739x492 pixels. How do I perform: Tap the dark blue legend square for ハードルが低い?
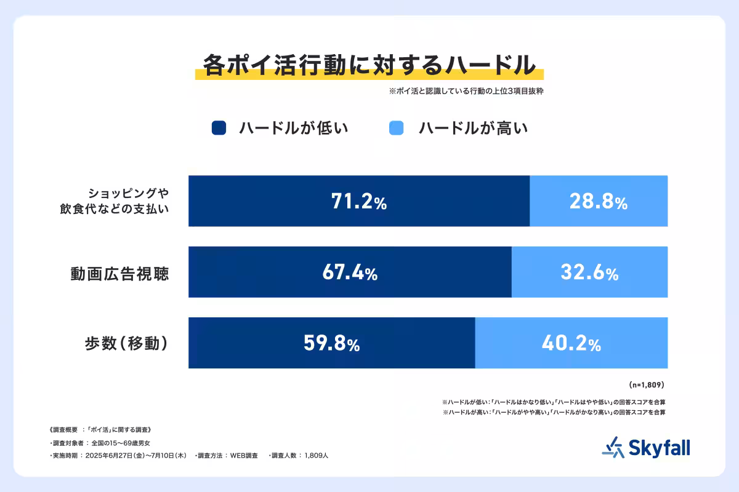coord(219,128)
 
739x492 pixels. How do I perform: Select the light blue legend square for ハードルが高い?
coord(397,128)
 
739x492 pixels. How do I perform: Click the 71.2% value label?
coord(358,202)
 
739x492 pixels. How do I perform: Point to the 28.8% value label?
coord(599,202)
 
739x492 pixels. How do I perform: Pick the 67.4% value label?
coord(349,272)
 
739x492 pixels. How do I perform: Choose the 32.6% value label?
coord(589,272)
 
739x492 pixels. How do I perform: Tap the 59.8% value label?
coord(331,344)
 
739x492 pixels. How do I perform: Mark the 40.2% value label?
coord(571,344)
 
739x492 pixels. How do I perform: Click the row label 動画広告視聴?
coord(119,273)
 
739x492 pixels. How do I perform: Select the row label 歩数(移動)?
coord(126,344)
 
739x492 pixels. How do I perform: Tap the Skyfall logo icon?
coord(612,447)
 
